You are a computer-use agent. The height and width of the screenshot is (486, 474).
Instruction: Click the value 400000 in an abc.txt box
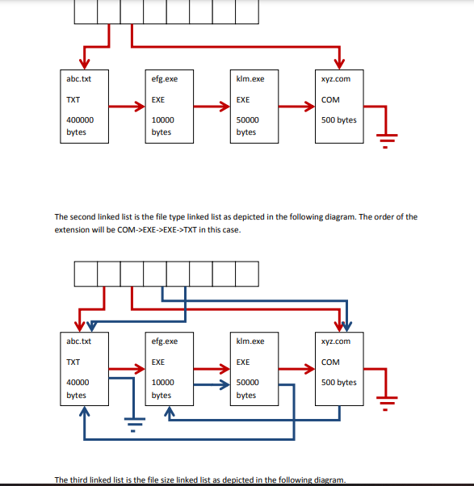80,119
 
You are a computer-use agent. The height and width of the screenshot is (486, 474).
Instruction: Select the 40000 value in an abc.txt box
78,382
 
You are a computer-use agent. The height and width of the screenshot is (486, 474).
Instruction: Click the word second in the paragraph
84,216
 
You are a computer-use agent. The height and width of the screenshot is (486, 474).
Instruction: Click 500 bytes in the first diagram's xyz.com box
338,120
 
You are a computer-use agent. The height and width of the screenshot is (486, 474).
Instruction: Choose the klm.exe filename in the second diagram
250,341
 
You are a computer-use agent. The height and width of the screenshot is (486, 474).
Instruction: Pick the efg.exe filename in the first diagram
165,78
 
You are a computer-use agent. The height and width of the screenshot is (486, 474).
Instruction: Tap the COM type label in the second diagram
330,362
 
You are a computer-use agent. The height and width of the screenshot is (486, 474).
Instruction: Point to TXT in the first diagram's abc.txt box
73,100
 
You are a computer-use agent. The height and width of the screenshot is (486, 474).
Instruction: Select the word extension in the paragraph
72,229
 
